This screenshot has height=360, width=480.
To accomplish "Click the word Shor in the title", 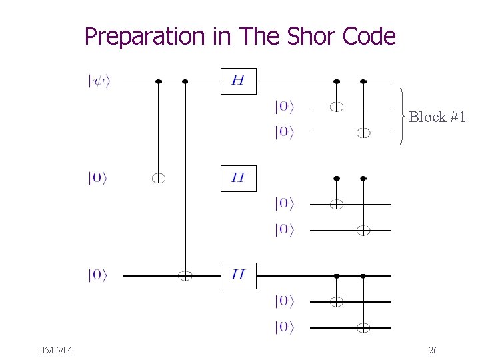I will click(312, 36).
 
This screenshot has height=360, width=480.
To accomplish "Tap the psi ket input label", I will click(98, 81).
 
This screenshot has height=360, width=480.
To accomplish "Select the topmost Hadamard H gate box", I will click(238, 81).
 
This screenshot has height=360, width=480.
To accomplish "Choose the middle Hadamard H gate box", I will click(238, 178).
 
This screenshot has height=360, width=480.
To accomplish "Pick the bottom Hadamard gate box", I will click(238, 275).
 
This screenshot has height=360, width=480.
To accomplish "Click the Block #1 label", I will click(437, 117).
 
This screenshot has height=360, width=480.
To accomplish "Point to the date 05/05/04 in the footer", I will click(56, 350).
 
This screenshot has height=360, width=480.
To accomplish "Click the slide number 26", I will click(433, 350).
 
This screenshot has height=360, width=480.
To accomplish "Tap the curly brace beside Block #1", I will click(403, 117).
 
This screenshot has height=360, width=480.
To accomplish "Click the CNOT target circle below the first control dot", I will click(158, 178).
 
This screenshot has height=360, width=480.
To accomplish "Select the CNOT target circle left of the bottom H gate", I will click(185, 275).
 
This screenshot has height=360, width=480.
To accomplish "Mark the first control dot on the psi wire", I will click(158, 81).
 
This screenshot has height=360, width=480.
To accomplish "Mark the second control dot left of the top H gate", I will click(185, 81).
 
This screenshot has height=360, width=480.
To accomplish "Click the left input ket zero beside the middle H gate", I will click(97, 178).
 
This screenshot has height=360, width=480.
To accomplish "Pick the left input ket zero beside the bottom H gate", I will click(97, 275).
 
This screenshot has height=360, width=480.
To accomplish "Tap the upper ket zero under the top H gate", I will click(284, 106).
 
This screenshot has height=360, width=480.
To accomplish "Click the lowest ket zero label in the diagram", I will click(284, 327).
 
